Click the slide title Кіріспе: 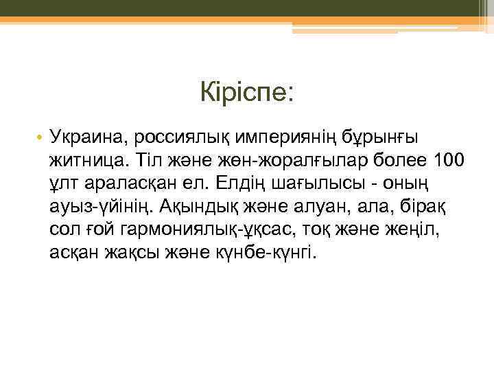(247, 91)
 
